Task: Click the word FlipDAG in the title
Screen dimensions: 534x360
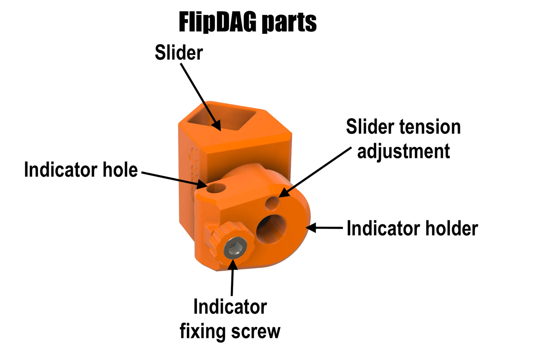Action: pos(218,22)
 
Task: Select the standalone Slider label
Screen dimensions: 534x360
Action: pos(179,53)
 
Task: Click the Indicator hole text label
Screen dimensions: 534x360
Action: pos(81,170)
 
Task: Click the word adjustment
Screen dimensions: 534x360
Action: pos(403,152)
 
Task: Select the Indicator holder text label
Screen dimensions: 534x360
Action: pos(412,228)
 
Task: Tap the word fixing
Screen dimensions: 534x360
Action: pos(203,331)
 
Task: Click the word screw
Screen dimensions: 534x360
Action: pos(256,332)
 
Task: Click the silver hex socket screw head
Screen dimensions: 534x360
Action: pos(235,249)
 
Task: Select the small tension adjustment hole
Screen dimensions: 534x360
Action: pos(272,203)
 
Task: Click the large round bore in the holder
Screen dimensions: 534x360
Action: pos(271,229)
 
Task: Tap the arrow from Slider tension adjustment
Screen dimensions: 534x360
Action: pos(315,172)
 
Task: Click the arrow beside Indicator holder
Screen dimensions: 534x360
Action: pos(324,228)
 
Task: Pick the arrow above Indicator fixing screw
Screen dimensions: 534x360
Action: pos(232,277)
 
